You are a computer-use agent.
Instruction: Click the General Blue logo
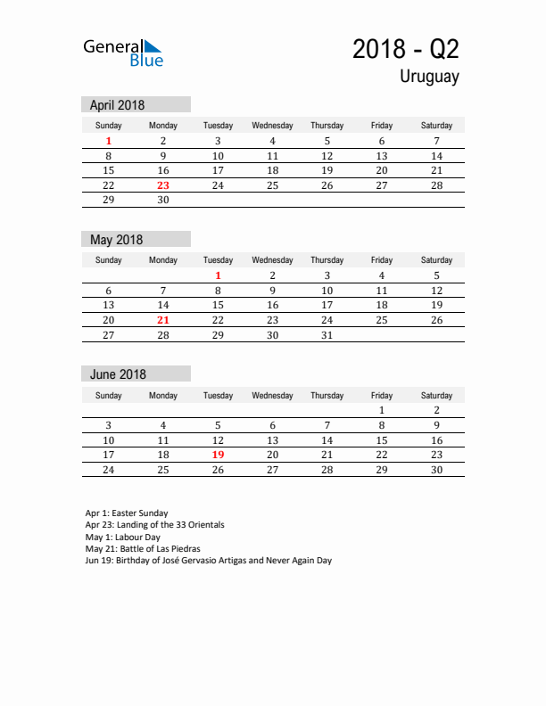click(123, 53)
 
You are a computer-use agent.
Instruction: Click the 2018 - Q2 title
click(406, 49)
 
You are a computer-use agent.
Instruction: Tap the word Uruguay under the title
click(429, 77)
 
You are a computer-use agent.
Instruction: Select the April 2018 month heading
click(117, 105)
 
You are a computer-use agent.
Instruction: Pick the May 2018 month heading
click(116, 240)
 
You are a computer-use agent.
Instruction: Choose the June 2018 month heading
click(118, 374)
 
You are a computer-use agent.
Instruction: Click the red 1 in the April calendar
click(109, 141)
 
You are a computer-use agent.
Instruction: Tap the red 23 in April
click(163, 185)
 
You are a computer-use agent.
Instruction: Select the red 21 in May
click(163, 320)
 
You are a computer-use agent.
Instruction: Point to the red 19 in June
click(218, 455)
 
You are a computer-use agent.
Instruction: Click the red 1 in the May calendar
click(218, 276)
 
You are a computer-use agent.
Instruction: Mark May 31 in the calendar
click(327, 335)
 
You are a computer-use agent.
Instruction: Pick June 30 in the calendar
click(436, 470)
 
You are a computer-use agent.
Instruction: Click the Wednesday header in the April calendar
click(272, 126)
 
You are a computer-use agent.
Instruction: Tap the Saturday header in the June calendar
click(436, 395)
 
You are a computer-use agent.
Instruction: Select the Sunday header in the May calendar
click(109, 260)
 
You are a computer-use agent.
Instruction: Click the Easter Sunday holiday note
click(126, 513)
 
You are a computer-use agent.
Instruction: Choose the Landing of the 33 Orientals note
click(154, 525)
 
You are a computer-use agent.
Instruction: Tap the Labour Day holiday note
click(122, 538)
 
